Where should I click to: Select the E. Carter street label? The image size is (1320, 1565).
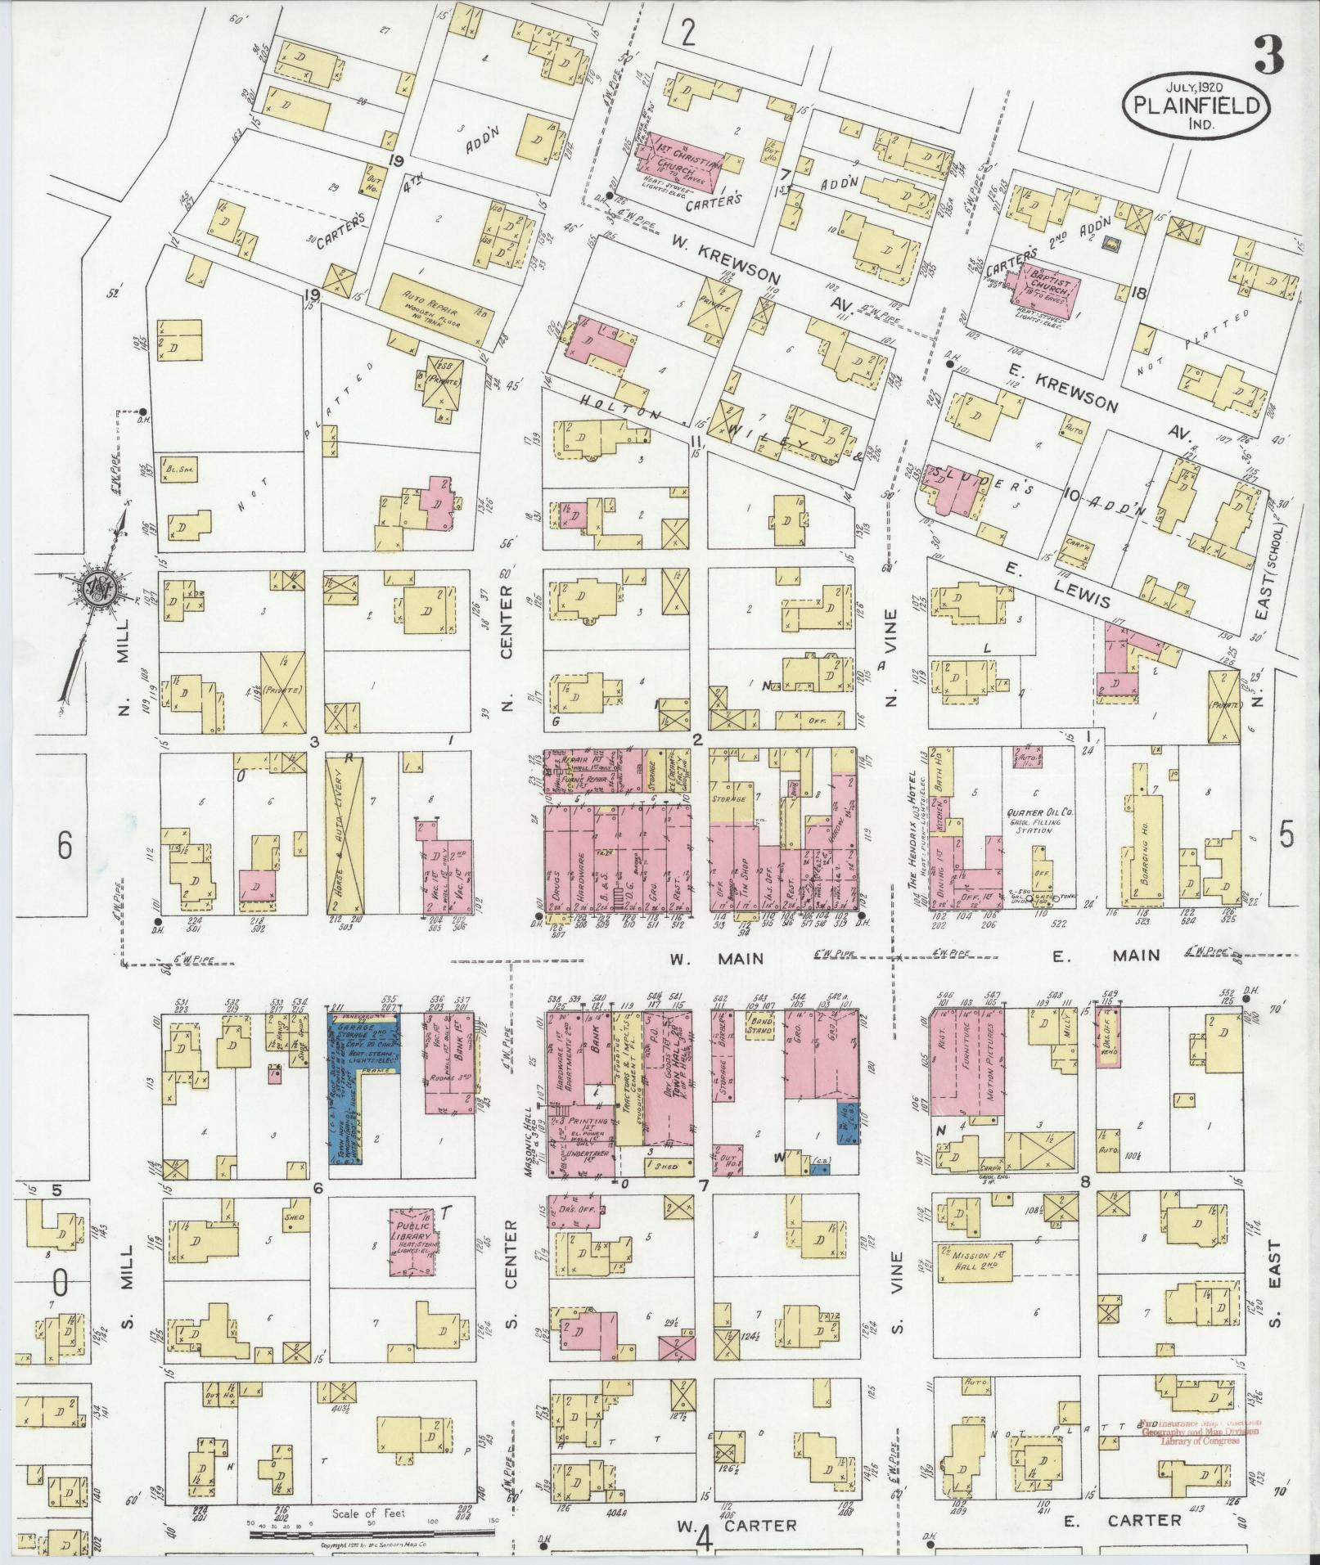(x=1123, y=1520)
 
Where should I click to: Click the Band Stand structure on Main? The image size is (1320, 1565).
(x=760, y=1026)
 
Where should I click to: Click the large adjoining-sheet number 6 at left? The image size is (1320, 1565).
(x=65, y=846)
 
